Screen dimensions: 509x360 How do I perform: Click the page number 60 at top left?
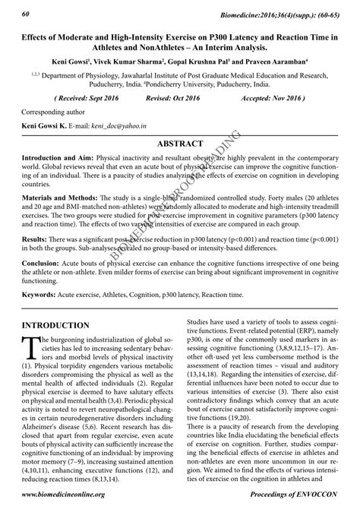tap(26, 14)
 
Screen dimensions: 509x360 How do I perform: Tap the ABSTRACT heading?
tap(180, 144)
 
